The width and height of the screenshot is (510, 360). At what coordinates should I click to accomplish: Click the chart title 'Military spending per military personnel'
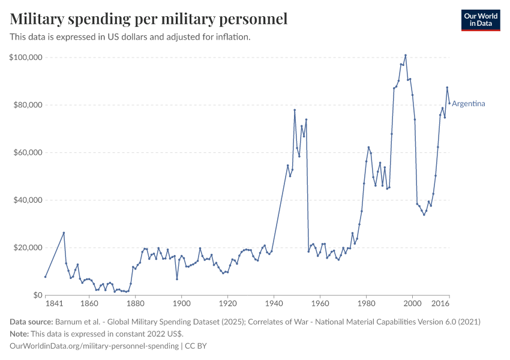pyautogui.click(x=148, y=19)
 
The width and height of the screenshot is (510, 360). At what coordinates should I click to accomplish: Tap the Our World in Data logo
pyautogui.click(x=480, y=20)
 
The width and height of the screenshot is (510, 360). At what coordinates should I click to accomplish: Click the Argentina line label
pyautogui.click(x=469, y=104)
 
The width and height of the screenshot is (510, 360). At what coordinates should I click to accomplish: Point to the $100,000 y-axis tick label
pyautogui.click(x=25, y=58)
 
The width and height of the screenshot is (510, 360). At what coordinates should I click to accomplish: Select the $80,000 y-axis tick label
pyautogui.click(x=27, y=105)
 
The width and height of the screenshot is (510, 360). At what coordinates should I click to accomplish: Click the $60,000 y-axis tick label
pyautogui.click(x=27, y=152)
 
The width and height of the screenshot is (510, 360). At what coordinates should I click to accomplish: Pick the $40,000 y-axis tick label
pyautogui.click(x=27, y=200)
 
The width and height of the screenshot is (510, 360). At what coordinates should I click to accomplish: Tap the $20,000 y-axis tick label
pyautogui.click(x=27, y=248)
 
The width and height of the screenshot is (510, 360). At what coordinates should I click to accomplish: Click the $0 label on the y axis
pyautogui.click(x=37, y=295)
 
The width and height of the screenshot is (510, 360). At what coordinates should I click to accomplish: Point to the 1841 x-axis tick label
pyautogui.click(x=54, y=304)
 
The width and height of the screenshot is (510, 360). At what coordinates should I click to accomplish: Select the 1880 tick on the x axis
pyautogui.click(x=135, y=304)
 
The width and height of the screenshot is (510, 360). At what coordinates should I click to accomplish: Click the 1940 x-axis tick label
pyautogui.click(x=274, y=304)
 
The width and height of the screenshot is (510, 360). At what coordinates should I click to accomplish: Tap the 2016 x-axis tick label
pyautogui.click(x=441, y=304)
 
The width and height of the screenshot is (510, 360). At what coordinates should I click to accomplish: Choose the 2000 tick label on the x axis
pyautogui.click(x=412, y=304)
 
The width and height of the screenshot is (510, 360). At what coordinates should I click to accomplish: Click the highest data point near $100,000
pyautogui.click(x=406, y=55)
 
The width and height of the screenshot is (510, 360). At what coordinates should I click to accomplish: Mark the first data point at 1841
pyautogui.click(x=45, y=277)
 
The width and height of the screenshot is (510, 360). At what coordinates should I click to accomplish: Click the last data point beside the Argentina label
pyautogui.click(x=449, y=103)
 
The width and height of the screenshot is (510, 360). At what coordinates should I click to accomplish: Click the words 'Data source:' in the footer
pyautogui.click(x=31, y=322)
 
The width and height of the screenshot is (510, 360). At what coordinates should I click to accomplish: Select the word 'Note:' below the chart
pyautogui.click(x=20, y=334)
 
